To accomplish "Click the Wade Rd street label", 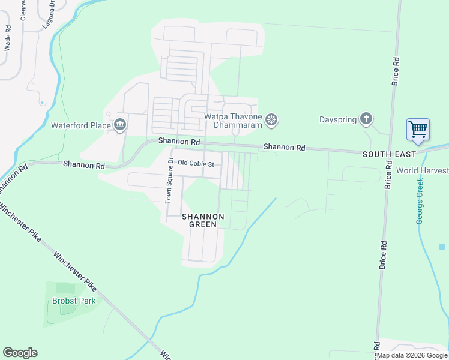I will tap(8, 37).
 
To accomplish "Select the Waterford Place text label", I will tap(81, 125).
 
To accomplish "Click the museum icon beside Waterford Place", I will tap(119, 125).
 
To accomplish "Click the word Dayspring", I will tap(338, 119).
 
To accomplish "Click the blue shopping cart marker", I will tap(418, 130).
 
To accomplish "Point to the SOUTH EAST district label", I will tap(389, 154).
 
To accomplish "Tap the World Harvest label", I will tap(422, 170).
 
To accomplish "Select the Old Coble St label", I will tap(196, 163).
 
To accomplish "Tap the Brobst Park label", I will tap(74, 301).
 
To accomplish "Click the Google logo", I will tap(20, 353).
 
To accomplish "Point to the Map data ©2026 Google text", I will tap(412, 356).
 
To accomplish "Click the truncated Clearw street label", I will tap(24, 10).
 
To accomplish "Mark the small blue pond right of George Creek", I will tap(442, 247).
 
